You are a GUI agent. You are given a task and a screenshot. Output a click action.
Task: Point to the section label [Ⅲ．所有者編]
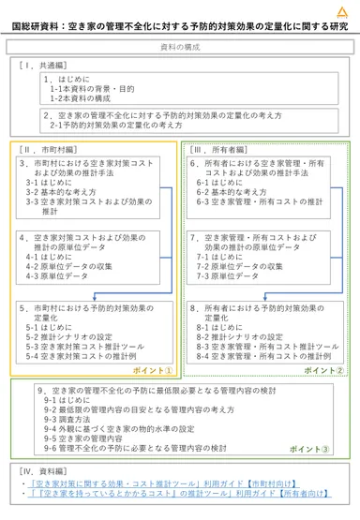217,149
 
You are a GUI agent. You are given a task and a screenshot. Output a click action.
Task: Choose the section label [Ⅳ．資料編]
41,469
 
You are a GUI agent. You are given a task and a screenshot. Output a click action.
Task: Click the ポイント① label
152,370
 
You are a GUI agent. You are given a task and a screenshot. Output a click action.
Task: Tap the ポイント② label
324,370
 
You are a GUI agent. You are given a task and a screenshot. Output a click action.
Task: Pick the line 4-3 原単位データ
62,276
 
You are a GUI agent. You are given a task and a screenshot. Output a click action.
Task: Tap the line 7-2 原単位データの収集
238,266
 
